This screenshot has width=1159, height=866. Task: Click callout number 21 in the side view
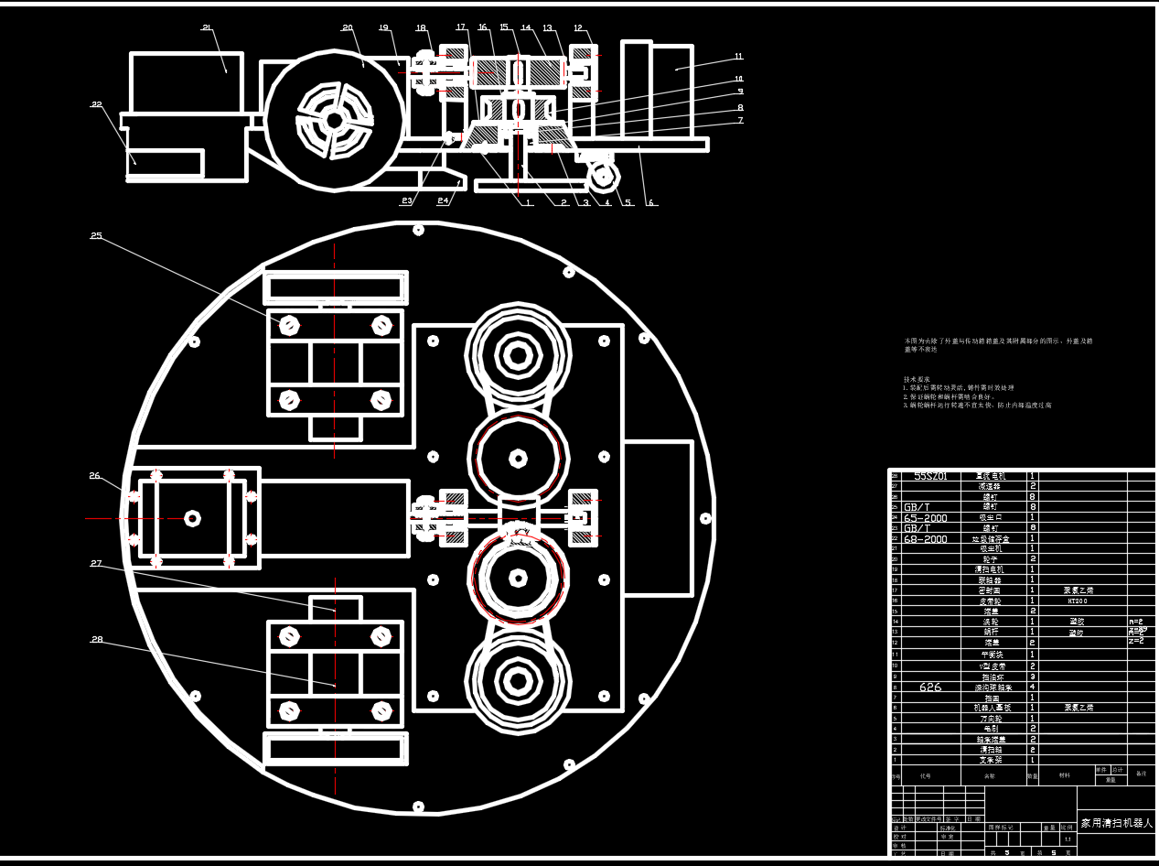(207, 27)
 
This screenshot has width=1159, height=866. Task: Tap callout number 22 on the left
(96, 104)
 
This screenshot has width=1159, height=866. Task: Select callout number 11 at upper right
(738, 57)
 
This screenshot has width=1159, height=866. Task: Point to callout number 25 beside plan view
(96, 235)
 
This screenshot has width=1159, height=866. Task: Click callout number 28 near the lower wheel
(97, 639)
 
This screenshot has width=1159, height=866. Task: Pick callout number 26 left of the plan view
(95, 475)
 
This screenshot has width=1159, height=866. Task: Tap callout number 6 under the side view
(651, 202)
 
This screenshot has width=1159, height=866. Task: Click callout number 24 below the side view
(443, 200)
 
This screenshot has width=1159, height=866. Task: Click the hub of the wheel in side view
(335, 120)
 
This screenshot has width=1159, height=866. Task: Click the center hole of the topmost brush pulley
(518, 351)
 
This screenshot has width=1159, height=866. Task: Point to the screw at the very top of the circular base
(418, 229)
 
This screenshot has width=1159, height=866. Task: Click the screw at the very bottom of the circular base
(418, 807)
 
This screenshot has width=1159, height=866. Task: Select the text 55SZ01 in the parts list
(930, 476)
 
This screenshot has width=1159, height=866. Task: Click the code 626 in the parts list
(930, 687)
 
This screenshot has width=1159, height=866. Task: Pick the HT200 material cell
(1077, 601)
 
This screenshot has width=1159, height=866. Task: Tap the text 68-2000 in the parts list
(926, 539)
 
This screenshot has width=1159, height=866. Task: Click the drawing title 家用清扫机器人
(1117, 823)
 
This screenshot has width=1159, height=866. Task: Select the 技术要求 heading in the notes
(917, 379)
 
